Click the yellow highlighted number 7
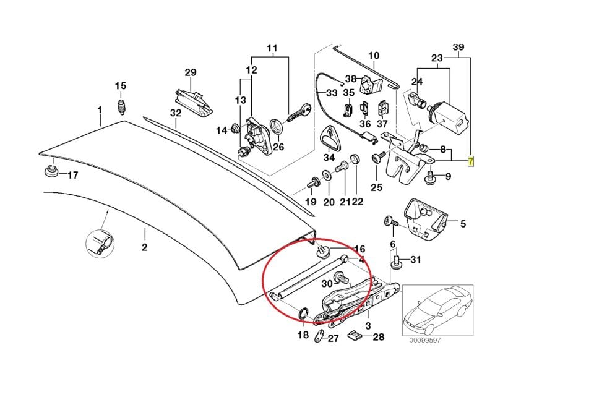470,162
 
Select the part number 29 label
190,72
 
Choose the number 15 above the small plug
120,85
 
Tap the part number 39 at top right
458,47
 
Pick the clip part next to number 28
353,336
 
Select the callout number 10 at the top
374,56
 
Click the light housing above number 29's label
193,99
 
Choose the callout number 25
376,187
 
